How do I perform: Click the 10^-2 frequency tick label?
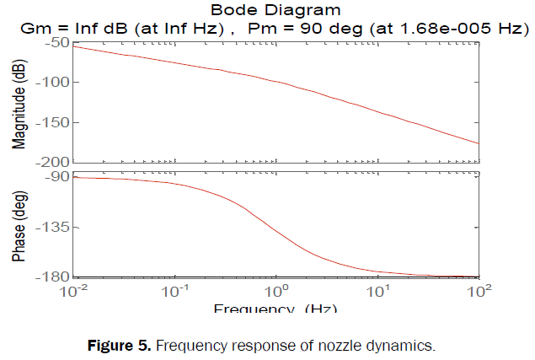point(73,293)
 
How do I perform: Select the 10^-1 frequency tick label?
point(174,293)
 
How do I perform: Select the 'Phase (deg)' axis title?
point(19,226)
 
